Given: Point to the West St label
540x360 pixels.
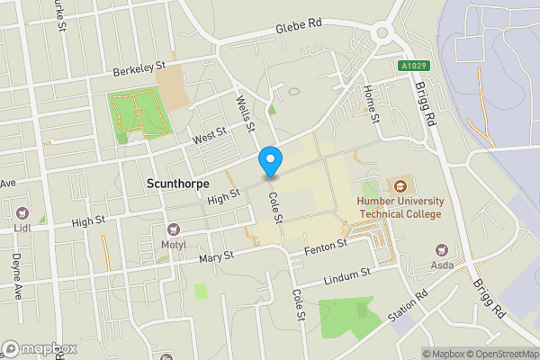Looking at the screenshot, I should [x=208, y=139].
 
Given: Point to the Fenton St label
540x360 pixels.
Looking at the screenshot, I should [x=325, y=245].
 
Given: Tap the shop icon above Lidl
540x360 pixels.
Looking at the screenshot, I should [x=22, y=214].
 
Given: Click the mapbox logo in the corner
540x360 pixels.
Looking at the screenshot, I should [x=40, y=348].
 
